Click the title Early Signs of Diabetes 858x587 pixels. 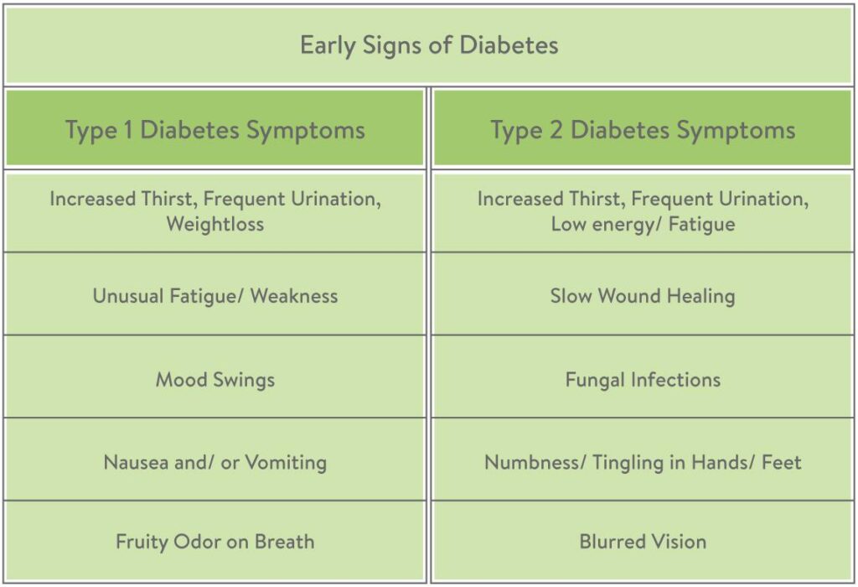click(429, 44)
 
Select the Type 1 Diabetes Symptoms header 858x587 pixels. click(215, 130)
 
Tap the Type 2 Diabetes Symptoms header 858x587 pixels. click(643, 130)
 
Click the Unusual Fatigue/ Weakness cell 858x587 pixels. click(215, 296)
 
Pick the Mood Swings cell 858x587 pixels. click(215, 379)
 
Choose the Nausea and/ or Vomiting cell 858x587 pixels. click(215, 462)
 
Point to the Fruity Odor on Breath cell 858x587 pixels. click(215, 541)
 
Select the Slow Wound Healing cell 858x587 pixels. click(643, 296)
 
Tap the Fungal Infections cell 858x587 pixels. click(643, 379)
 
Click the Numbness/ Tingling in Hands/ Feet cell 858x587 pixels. click(643, 462)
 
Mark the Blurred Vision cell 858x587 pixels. click(643, 541)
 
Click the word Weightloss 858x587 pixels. click(215, 224)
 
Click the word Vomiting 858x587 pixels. click(286, 462)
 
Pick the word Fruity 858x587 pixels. click(142, 541)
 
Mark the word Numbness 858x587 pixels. click(525, 462)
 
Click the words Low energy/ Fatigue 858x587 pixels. click(643, 224)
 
